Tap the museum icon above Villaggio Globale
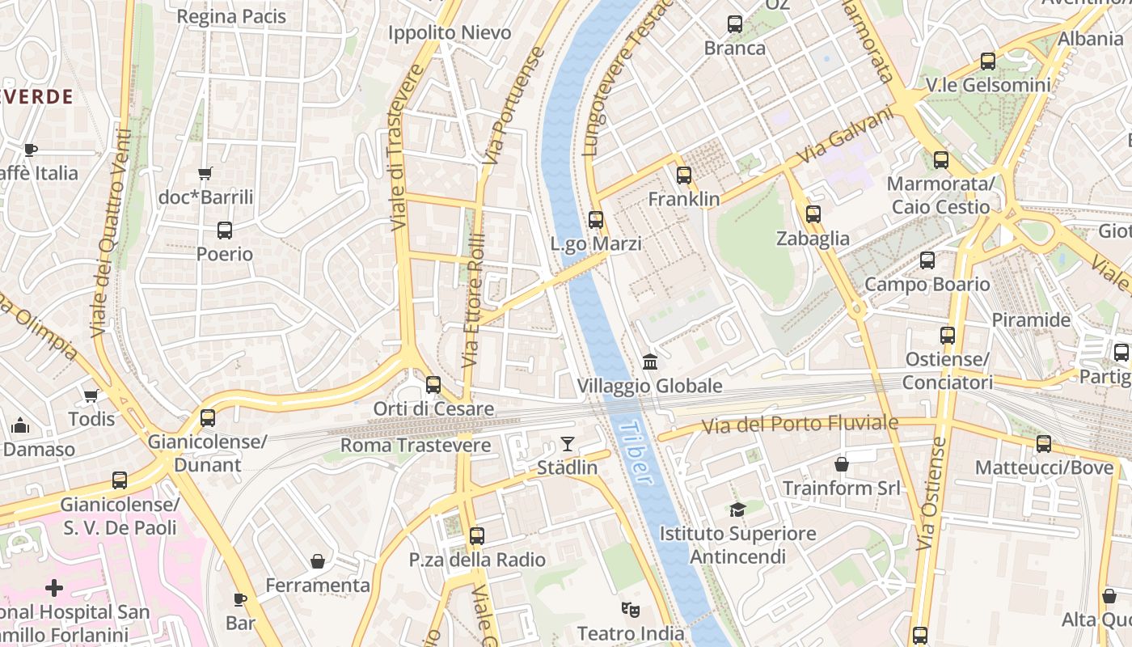click(650, 362)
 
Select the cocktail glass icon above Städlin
click(568, 444)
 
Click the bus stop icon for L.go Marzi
click(596, 219)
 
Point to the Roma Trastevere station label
click(415, 446)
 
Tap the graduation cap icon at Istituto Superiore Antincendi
click(737, 510)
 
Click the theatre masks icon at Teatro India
click(630, 609)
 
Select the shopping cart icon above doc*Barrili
click(205, 173)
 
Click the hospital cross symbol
click(54, 588)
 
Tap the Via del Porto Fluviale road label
click(800, 424)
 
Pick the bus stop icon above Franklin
click(684, 175)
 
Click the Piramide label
click(1031, 319)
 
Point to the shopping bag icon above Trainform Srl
click(842, 464)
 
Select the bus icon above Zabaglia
click(813, 214)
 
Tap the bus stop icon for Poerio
click(225, 230)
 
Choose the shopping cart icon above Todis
click(91, 395)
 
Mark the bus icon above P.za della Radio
click(477, 535)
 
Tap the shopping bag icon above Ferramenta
click(318, 561)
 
